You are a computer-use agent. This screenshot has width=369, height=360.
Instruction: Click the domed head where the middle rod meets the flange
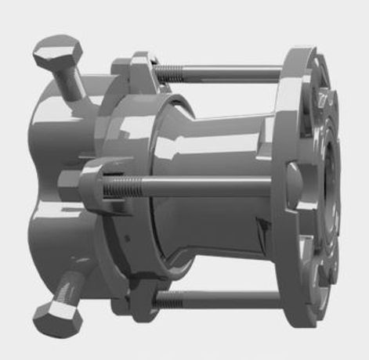point(290,185)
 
